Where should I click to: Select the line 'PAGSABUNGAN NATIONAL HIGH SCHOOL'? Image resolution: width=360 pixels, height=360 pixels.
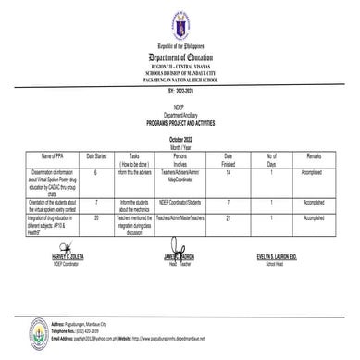[x=179, y=79]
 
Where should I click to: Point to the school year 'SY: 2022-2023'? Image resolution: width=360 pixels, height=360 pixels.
[x=179, y=88]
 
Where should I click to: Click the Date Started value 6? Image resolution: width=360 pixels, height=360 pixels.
[x=122, y=172]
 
